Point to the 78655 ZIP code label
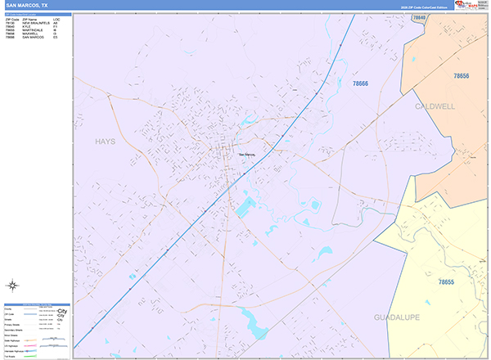446,281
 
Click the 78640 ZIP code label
418,16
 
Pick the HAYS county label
105,141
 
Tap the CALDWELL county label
435,106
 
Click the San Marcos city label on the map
246,155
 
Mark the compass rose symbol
13,286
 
